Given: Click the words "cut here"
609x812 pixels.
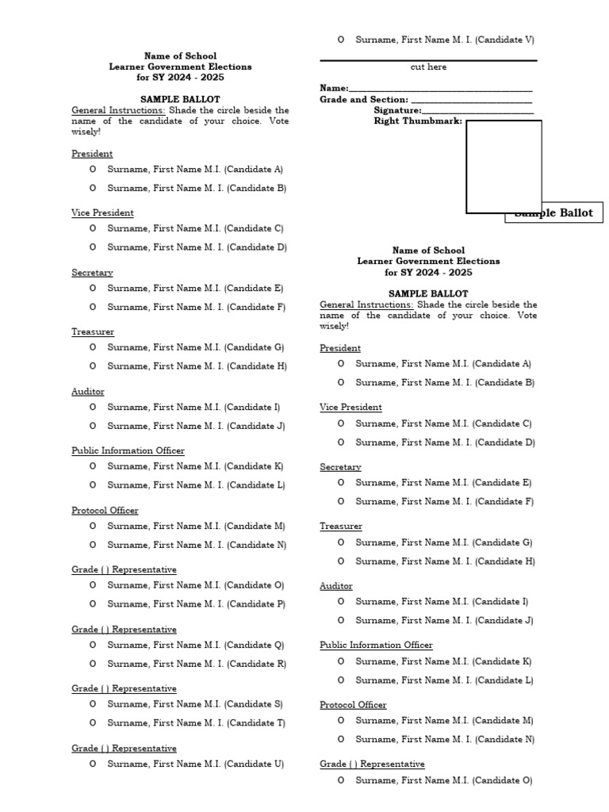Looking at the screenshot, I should [428, 67].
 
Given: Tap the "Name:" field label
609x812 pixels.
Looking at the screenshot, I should [334, 88].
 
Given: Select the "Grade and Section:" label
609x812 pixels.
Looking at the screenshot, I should [364, 100].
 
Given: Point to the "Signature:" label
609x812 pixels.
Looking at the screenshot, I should [397, 110].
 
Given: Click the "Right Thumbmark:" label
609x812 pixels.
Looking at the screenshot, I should [418, 121].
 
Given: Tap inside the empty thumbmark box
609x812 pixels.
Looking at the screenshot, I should [504, 167].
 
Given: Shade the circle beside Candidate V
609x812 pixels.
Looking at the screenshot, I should [341, 39].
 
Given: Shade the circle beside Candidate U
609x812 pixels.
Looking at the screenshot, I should [93, 764].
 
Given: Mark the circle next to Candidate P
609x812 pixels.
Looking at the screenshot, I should [93, 603].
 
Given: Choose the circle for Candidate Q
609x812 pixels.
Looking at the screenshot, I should [93, 645].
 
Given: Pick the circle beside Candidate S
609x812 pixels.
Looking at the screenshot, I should [93, 703].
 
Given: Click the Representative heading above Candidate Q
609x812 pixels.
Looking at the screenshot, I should [124, 630].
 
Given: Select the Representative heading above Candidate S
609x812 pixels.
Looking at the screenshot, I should [124, 689].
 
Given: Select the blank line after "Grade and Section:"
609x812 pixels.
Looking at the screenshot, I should [470, 102].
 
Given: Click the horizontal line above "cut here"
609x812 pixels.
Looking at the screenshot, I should [428, 60].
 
